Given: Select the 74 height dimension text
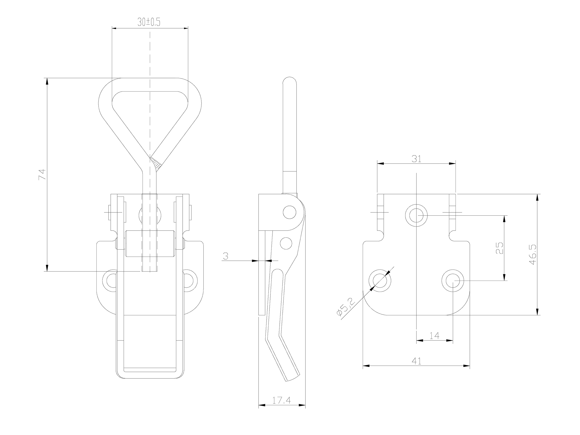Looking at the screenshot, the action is coord(42,174).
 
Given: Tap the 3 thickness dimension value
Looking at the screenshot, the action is coord(225,256).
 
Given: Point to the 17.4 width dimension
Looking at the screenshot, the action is coord(281,400).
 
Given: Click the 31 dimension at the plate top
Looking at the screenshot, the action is coord(416,159).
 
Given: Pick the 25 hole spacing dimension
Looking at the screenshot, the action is coord(499,248).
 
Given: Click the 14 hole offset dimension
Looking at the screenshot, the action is coord(435,335).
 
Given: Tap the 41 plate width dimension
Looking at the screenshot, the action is coord(416,361).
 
